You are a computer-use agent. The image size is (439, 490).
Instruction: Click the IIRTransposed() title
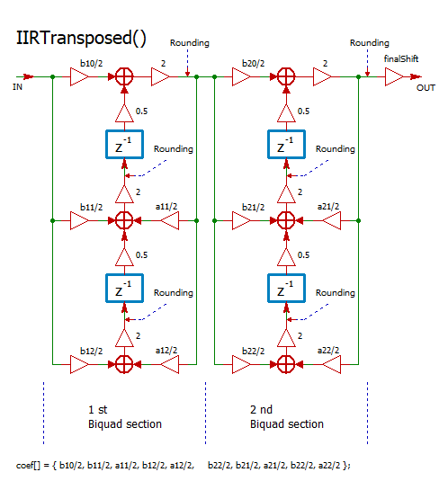click(81, 38)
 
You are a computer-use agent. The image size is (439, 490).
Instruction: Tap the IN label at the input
click(17, 87)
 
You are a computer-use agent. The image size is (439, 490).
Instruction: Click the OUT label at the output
click(426, 88)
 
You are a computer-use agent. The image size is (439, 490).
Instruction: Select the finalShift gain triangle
click(394, 77)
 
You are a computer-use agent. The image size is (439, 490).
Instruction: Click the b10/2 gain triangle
click(79, 77)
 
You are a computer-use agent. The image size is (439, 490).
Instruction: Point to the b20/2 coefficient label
click(254, 64)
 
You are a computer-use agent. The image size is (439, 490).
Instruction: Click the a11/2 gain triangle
click(170, 220)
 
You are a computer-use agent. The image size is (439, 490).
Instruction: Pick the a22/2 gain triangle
click(332, 364)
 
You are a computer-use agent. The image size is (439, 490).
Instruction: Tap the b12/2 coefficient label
click(91, 351)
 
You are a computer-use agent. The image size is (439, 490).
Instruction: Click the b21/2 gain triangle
click(241, 220)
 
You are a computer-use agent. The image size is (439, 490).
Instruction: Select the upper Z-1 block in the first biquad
click(124, 145)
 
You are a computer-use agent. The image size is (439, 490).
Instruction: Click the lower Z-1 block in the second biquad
click(286, 288)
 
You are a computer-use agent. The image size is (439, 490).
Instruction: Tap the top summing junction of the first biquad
click(124, 77)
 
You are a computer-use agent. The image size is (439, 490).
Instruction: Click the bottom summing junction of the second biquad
click(286, 364)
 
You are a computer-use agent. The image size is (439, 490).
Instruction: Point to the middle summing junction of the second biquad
click(286, 220)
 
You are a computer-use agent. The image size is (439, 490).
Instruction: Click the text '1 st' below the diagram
click(97, 410)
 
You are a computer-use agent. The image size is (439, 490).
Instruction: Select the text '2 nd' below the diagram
click(261, 410)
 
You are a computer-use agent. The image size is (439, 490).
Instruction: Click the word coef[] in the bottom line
click(28, 466)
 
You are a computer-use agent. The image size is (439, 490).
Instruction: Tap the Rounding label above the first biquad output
click(190, 43)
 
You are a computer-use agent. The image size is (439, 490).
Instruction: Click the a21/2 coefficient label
click(328, 207)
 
